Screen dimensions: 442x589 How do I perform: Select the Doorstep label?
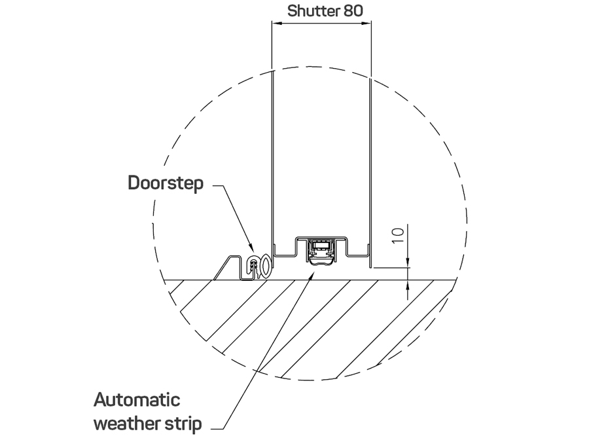tap(166, 183)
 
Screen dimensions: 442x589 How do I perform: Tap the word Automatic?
tap(136, 399)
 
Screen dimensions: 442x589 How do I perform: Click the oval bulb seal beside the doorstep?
tap(264, 265)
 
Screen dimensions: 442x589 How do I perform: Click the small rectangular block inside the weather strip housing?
tap(321, 246)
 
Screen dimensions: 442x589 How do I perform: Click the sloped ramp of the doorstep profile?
tap(223, 267)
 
